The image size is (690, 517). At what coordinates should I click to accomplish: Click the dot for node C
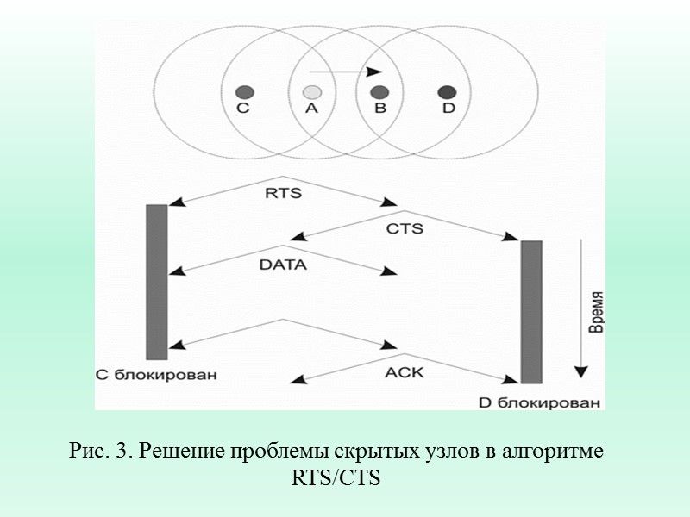tap(244, 91)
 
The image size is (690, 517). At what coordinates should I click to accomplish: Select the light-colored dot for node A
tap(312, 91)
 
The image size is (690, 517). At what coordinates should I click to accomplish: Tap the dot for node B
tap(379, 91)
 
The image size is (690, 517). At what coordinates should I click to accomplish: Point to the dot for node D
tap(447, 91)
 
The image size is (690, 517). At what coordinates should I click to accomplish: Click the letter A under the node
tap(312, 109)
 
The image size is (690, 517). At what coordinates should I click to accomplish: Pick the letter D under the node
tap(448, 109)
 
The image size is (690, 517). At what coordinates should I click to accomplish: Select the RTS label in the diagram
tap(283, 193)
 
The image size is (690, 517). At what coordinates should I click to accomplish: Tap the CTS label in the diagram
tap(405, 229)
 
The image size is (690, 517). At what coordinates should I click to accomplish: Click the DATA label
tap(283, 265)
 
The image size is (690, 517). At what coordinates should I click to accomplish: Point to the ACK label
tap(405, 372)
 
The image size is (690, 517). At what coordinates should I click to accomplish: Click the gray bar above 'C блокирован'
tap(157, 282)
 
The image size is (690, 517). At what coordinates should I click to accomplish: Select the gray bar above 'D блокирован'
tap(531, 312)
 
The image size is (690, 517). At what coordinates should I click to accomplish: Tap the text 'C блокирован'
tap(155, 375)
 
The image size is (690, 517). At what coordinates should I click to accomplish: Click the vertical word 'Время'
tap(595, 311)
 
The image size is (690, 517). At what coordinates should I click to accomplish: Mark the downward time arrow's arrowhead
tap(581, 371)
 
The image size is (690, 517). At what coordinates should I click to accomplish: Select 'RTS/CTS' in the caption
tap(336, 477)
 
